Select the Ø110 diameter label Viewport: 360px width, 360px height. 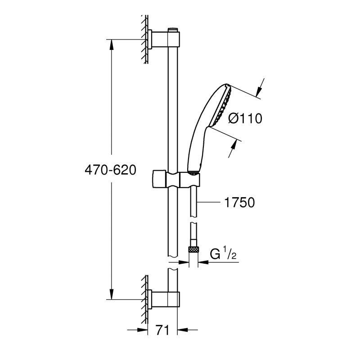click(x=245, y=119)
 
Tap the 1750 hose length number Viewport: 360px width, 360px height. click(x=239, y=202)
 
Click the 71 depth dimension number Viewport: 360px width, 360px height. click(x=162, y=330)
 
